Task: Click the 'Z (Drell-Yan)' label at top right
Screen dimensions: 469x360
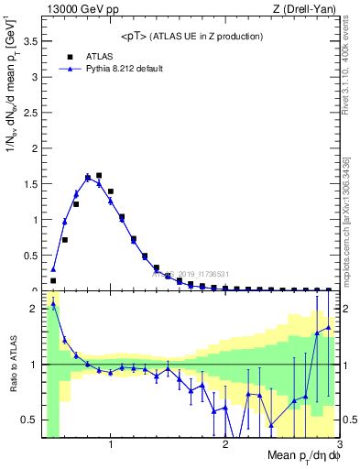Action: click(x=303, y=10)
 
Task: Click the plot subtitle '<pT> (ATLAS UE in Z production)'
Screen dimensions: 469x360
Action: click(x=191, y=36)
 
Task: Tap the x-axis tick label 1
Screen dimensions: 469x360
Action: click(x=111, y=446)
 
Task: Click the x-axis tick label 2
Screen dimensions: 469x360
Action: click(x=225, y=446)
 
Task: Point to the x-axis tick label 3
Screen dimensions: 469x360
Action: click(x=338, y=446)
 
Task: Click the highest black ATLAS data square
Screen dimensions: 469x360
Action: click(x=99, y=175)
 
